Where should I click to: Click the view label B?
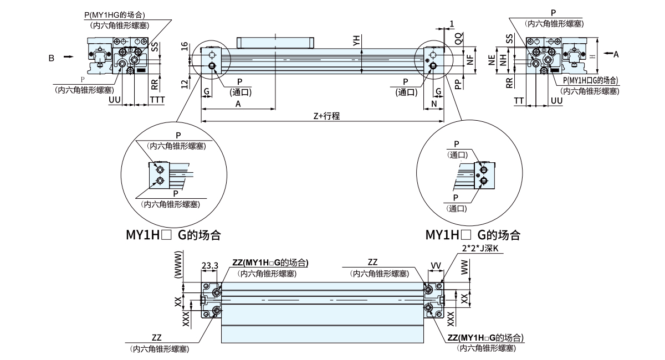coord(51,56)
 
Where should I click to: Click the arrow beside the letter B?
coord(68,56)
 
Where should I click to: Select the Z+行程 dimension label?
coord(326,116)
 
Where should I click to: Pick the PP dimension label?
coord(458,83)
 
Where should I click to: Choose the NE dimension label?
coord(492,60)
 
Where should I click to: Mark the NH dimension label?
coord(503,60)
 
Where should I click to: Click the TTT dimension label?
coord(157,100)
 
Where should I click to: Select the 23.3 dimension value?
coord(209,266)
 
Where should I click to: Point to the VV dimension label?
coord(436,266)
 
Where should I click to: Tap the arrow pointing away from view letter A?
coord(608,53)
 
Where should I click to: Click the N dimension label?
coord(434,104)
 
